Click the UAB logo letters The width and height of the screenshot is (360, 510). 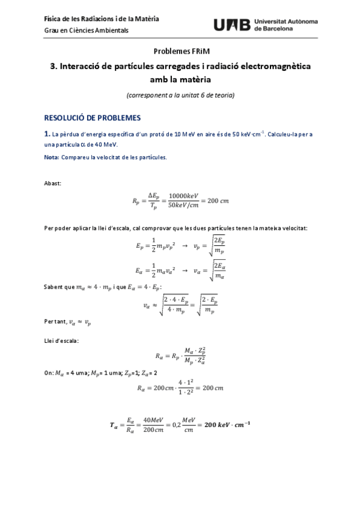click(233, 25)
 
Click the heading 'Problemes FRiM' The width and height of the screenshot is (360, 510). click(180, 52)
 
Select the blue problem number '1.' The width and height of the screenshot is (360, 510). click(47, 134)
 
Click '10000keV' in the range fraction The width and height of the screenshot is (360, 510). click(182, 195)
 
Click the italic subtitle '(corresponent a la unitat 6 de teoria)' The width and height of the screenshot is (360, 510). click(180, 95)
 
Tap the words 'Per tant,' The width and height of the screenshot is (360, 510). click(56, 322)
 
